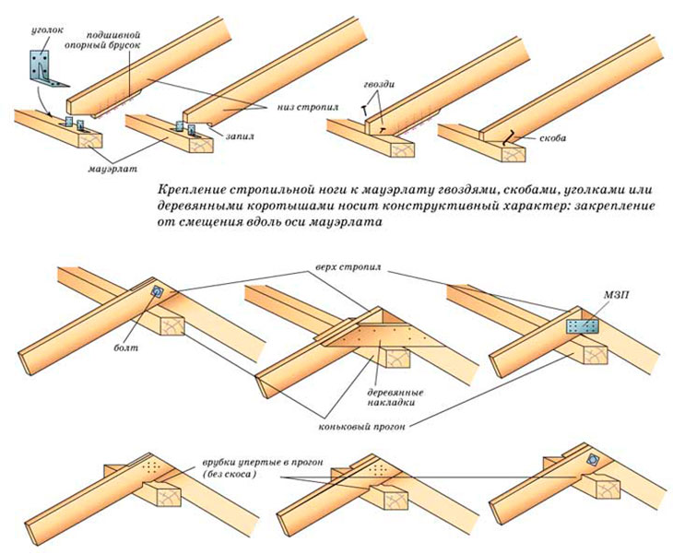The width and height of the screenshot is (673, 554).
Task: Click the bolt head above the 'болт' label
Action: pos(157,292)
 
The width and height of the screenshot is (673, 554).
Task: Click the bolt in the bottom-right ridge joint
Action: pos(595,460)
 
